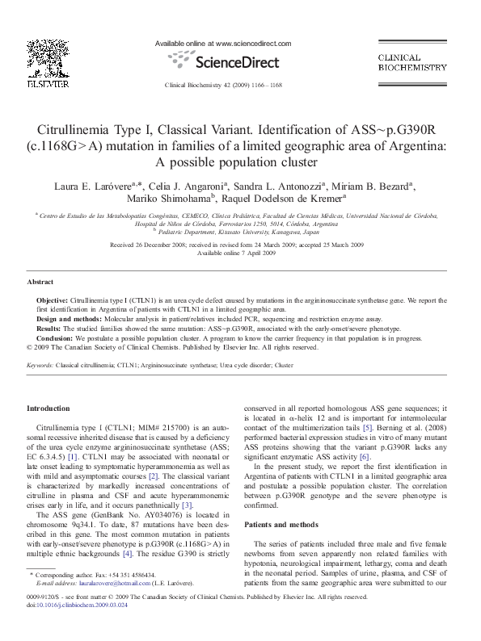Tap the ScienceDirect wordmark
pos(224,62)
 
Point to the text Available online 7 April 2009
pos(240,253)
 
